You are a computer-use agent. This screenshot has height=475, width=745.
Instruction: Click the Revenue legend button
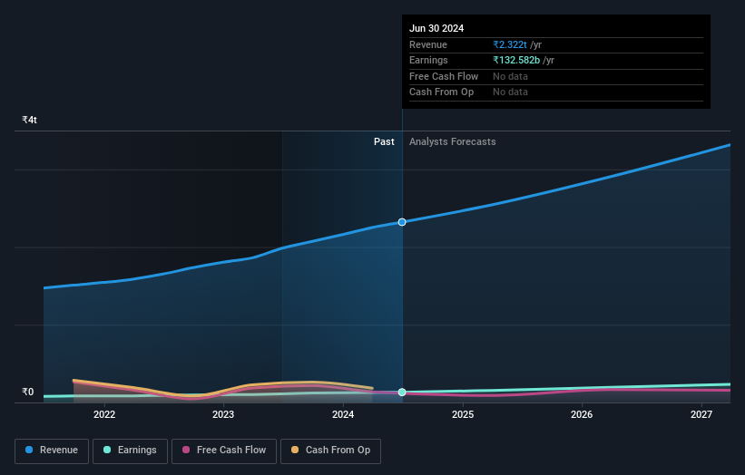pyautogui.click(x=51, y=450)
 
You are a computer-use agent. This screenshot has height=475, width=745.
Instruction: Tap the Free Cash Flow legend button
pyautogui.click(x=224, y=450)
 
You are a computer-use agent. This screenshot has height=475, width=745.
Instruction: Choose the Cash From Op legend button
pyautogui.click(x=331, y=450)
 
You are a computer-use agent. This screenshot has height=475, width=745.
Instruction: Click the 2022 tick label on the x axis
pyautogui.click(x=104, y=415)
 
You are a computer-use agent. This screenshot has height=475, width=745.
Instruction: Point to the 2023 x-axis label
pyautogui.click(x=223, y=415)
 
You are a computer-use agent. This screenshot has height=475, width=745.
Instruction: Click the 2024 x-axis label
pyautogui.click(x=343, y=415)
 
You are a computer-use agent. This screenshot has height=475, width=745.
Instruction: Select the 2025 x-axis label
pyautogui.click(x=463, y=415)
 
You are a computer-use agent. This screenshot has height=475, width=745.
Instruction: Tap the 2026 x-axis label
pyautogui.click(x=582, y=415)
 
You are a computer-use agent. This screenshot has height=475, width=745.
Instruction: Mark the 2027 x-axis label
pyautogui.click(x=701, y=415)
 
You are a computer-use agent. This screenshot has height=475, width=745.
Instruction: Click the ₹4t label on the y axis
pyautogui.click(x=30, y=120)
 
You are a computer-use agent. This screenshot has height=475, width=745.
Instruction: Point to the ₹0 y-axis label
pyautogui.click(x=28, y=392)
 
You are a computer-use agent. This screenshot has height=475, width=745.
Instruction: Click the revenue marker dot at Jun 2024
pyautogui.click(x=402, y=222)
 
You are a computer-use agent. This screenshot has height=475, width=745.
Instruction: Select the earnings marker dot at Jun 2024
pyautogui.click(x=402, y=393)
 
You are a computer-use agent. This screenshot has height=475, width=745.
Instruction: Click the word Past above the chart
pyautogui.click(x=384, y=141)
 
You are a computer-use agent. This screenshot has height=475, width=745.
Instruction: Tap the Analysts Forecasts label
pyautogui.click(x=452, y=141)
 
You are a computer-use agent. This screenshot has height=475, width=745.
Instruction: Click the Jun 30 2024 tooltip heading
pyautogui.click(x=436, y=28)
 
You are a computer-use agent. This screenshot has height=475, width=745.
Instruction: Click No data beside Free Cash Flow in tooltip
pyautogui.click(x=510, y=76)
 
